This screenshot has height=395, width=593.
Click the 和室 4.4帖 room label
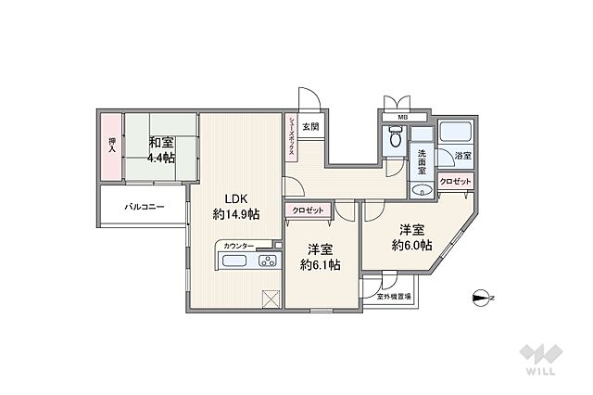(161, 150)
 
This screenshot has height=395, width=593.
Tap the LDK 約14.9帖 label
(236, 207)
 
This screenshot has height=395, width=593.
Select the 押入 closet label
(112, 145)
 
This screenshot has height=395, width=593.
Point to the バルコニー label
(145, 207)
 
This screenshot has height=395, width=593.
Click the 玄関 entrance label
(310, 126)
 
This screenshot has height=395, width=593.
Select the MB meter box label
(402, 117)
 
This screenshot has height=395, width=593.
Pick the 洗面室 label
(422, 162)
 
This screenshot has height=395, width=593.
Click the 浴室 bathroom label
(463, 155)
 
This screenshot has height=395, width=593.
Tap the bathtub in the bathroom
(456, 131)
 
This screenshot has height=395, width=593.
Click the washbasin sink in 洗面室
(423, 189)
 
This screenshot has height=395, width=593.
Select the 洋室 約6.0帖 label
(411, 237)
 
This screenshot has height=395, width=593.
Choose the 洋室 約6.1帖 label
(320, 257)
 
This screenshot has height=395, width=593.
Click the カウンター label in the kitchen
(239, 246)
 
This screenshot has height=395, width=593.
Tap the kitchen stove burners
(268, 261)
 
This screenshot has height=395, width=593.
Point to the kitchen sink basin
(234, 261)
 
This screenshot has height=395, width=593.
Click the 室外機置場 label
(394, 297)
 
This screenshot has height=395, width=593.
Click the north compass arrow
(483, 298)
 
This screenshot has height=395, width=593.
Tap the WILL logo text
(541, 370)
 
